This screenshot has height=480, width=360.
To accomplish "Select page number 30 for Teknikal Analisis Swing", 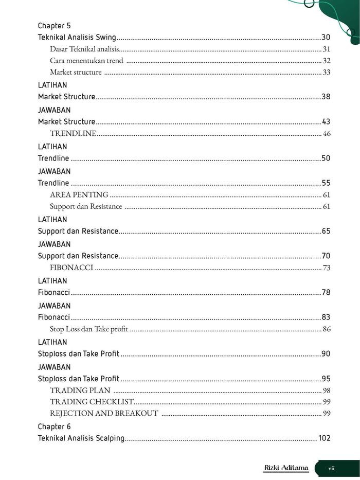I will pyautogui.click(x=326, y=38).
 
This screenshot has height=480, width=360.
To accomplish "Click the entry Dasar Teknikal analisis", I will pyautogui.click(x=85, y=49).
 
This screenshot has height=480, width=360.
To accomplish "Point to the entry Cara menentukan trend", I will pyautogui.click(x=86, y=61).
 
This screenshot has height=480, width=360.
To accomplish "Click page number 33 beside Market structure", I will pyautogui.click(x=326, y=72).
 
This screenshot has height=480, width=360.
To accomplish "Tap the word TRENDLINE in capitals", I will pyautogui.click(x=73, y=134).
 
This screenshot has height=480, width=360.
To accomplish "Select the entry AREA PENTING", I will pyautogui.click(x=79, y=194).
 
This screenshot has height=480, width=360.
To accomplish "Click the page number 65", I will pyautogui.click(x=326, y=231).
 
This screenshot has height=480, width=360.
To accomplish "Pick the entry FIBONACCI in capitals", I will pyautogui.click(x=71, y=268).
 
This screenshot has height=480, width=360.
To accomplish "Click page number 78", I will pyautogui.click(x=326, y=292).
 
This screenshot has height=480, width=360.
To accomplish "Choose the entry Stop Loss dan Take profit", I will pyautogui.click(x=89, y=329).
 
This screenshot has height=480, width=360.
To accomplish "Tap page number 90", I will pyautogui.click(x=326, y=353).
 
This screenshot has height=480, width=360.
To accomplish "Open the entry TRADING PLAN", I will pyautogui.click(x=80, y=390).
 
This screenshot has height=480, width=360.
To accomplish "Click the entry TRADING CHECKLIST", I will pyautogui.click(x=92, y=402).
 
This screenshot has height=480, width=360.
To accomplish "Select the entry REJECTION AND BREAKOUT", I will pyautogui.click(x=104, y=413).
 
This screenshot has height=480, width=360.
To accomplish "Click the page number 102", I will pyautogui.click(x=324, y=438).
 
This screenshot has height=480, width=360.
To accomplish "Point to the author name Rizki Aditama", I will pyautogui.click(x=286, y=468).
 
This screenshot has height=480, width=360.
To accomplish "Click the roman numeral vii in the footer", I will pyautogui.click(x=332, y=468).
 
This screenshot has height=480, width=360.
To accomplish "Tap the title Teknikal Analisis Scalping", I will pyautogui.click(x=81, y=438).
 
